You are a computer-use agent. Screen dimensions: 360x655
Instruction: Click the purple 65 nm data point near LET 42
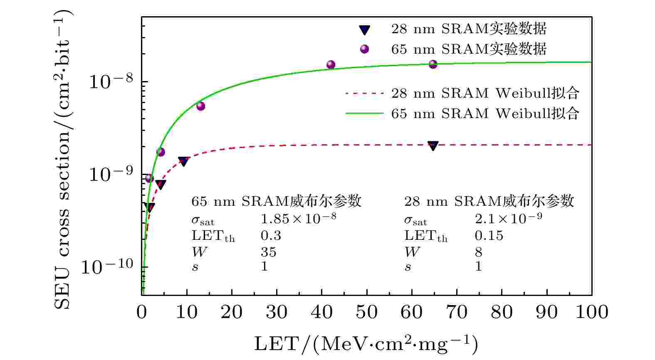pos(331,64)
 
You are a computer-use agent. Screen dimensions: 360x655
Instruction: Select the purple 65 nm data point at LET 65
pos(433,64)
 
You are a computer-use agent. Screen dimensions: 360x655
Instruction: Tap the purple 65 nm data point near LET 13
pos(200,106)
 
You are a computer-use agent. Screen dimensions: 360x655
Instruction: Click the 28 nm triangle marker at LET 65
pos(433,145)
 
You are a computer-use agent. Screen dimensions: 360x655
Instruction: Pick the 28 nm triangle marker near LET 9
pos(183,161)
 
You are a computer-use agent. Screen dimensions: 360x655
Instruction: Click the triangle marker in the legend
pos(364,30)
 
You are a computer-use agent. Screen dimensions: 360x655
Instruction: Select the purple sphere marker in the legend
pos(364,49)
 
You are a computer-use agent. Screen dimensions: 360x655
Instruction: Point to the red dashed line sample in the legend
pos(364,94)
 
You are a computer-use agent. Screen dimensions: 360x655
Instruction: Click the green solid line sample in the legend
pos(364,113)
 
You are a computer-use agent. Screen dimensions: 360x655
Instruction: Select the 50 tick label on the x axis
pos(366,313)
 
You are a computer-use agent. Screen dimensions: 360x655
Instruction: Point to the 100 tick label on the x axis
pos(591,313)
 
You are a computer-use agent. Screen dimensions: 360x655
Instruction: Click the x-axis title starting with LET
pos(366,344)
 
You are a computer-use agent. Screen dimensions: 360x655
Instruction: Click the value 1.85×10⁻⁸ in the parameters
pos(298,218)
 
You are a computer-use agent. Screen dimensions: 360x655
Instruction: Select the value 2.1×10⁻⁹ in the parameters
pos(508,218)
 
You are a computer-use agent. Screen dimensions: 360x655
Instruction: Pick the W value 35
pos(268,252)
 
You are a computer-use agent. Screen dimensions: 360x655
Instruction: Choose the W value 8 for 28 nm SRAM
pos(478,252)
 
